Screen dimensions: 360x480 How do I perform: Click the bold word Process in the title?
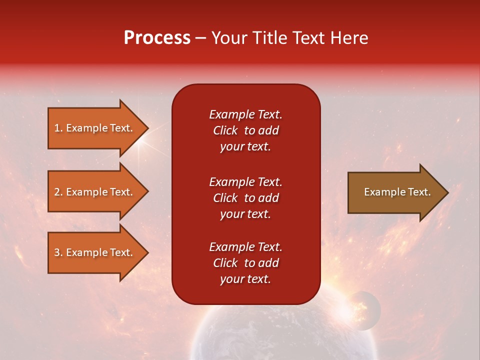[157, 38]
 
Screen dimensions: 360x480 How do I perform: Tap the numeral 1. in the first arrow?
[58, 128]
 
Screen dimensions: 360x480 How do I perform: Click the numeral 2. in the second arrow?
[58, 192]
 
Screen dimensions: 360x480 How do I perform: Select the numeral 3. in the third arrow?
[58, 252]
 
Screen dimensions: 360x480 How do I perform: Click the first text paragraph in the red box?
[245, 130]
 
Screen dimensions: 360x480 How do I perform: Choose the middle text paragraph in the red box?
[245, 198]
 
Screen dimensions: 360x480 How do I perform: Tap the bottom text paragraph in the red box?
[245, 263]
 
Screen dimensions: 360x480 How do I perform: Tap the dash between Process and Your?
[201, 38]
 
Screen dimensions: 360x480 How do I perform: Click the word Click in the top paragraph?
[225, 130]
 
